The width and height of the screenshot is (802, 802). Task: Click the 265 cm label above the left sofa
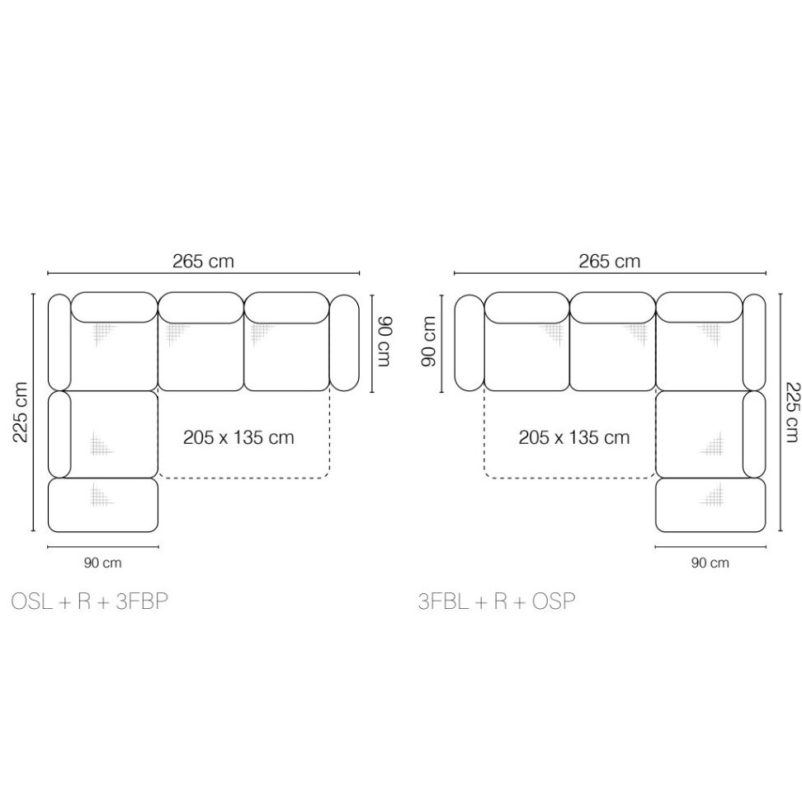tap(203, 262)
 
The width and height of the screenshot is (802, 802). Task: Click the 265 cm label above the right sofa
tap(609, 262)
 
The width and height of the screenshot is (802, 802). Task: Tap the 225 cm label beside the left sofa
tap(21, 412)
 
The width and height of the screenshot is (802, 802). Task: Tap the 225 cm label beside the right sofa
tap(790, 412)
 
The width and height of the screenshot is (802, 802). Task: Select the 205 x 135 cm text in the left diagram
tap(238, 437)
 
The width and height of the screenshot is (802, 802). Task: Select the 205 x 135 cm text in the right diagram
tap(574, 437)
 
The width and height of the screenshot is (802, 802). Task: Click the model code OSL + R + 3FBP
tap(89, 601)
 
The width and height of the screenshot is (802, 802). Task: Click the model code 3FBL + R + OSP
tap(496, 601)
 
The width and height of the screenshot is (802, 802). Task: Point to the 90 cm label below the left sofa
tap(103, 564)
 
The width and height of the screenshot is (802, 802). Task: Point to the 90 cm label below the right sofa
tap(710, 564)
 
